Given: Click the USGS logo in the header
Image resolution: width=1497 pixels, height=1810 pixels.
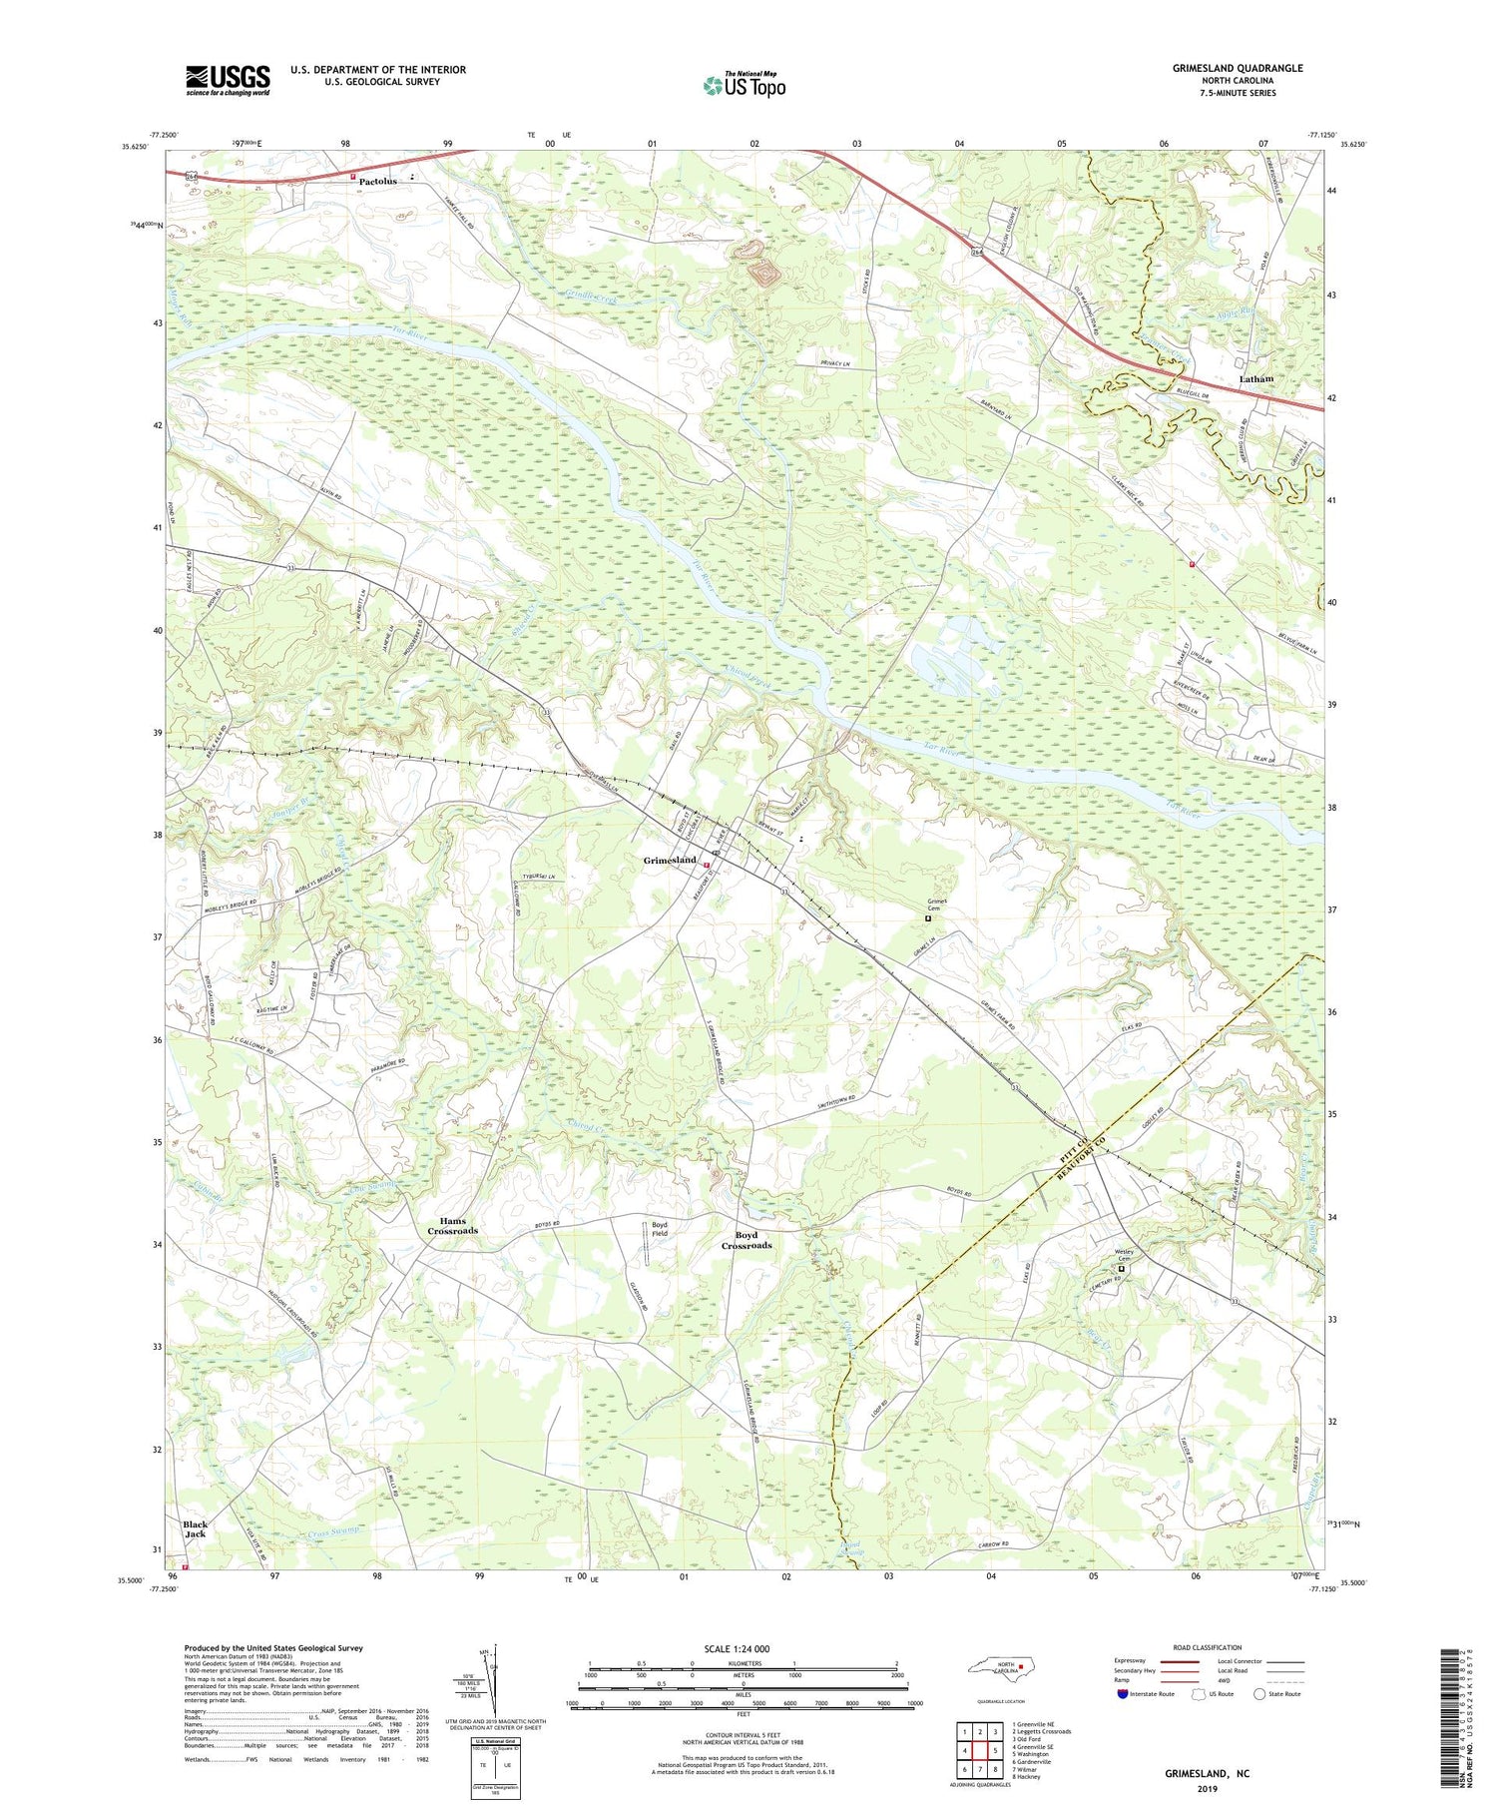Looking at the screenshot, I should click(228, 80).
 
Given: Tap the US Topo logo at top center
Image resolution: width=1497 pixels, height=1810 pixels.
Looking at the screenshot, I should click(744, 86).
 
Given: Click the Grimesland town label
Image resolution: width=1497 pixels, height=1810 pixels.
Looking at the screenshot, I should click(669, 860).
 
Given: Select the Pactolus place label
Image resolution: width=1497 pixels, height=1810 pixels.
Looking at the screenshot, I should click(378, 181).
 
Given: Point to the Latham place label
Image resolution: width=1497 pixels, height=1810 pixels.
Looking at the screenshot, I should click(1255, 379).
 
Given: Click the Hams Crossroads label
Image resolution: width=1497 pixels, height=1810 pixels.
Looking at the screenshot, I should click(453, 1225).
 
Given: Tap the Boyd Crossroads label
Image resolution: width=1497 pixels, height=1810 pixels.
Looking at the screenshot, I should click(747, 1240).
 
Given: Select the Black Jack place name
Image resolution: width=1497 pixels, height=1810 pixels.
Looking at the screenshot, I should click(196, 1528).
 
